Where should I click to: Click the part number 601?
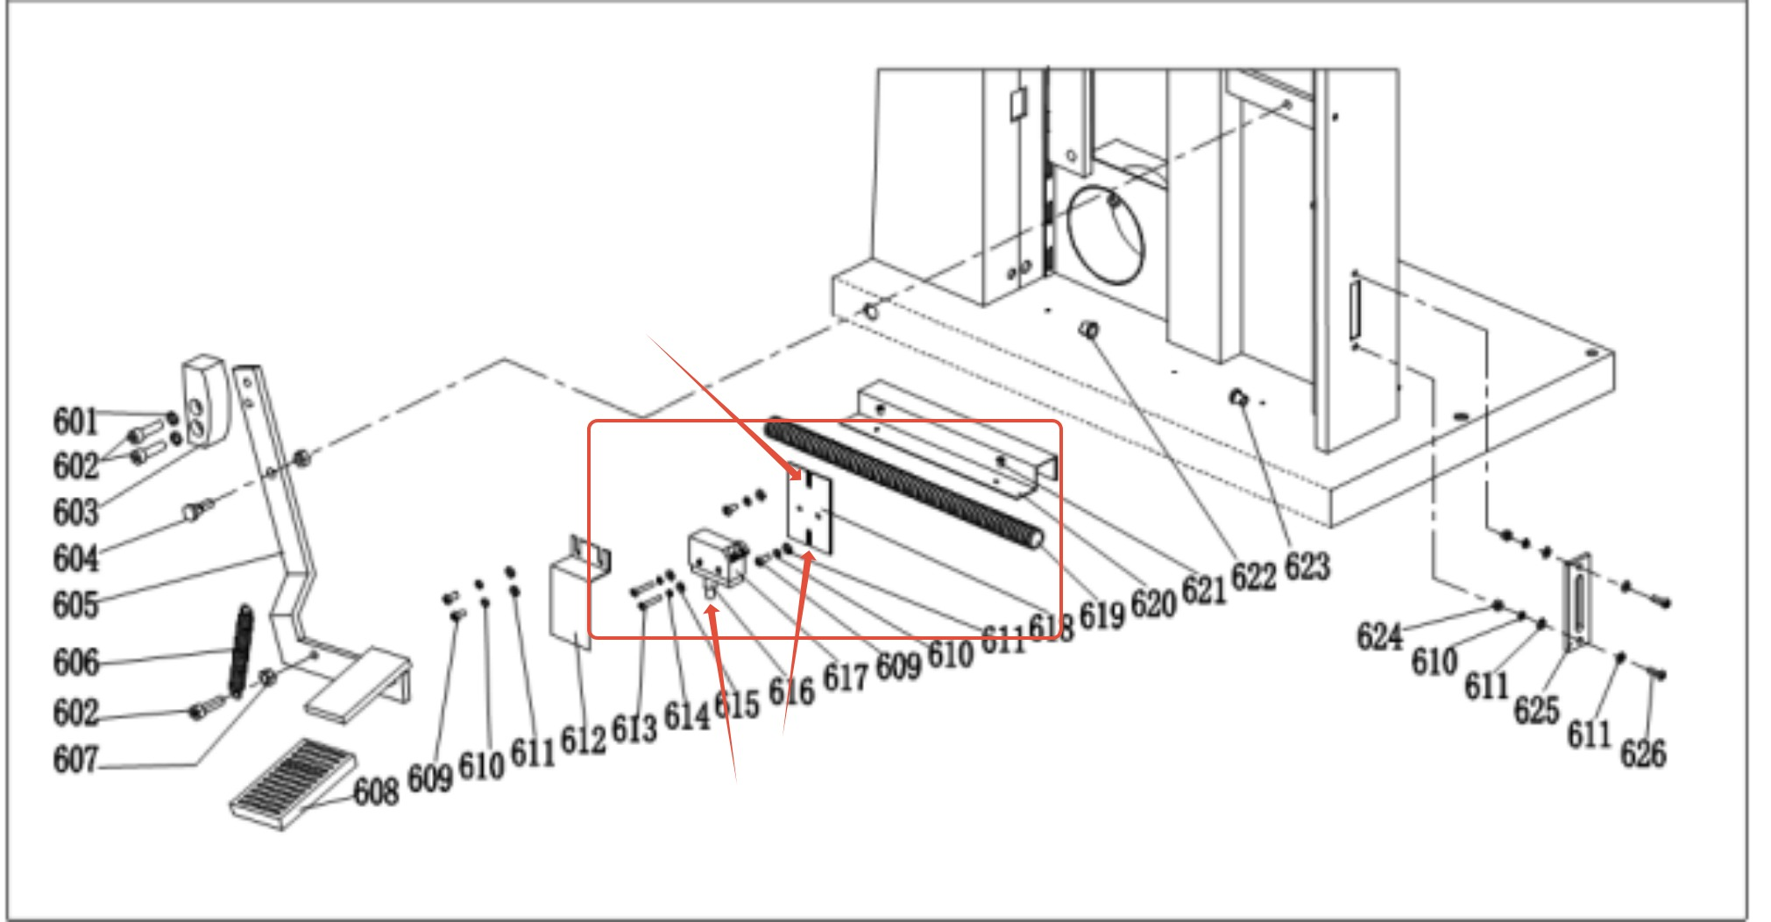click(x=75, y=421)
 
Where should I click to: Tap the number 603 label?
click(x=75, y=512)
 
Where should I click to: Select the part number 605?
click(x=75, y=605)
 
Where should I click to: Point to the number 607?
click(x=75, y=759)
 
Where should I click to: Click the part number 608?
click(x=376, y=791)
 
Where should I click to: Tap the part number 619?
click(x=1102, y=614)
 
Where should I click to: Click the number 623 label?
click(x=1307, y=566)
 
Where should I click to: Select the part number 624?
click(x=1380, y=636)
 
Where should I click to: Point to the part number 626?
click(x=1643, y=753)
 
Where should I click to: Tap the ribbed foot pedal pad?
click(x=294, y=784)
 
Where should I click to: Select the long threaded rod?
click(x=903, y=481)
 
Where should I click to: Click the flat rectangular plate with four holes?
click(x=810, y=513)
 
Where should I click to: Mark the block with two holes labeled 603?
click(x=204, y=400)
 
